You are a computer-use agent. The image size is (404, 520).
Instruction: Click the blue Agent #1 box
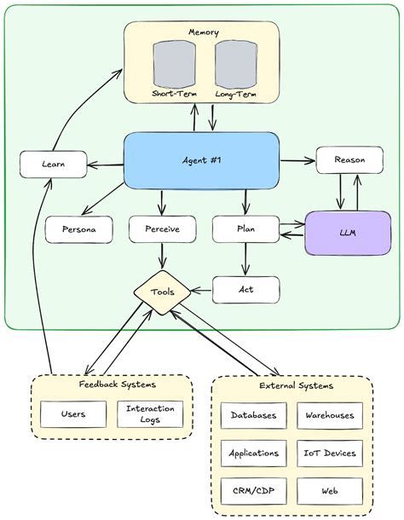[x=201, y=161]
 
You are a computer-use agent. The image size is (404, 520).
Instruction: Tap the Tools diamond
[x=162, y=292]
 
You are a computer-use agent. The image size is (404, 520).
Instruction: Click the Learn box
[x=53, y=164]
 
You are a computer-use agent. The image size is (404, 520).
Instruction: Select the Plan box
[x=245, y=229]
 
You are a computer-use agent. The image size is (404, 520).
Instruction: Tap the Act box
[x=245, y=290]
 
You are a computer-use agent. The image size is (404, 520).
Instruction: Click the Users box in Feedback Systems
[x=72, y=415]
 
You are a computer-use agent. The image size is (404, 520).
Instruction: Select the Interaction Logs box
[x=149, y=415]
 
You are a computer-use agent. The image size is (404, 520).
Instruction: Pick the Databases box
[x=253, y=415]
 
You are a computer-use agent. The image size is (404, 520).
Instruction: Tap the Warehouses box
[x=329, y=415]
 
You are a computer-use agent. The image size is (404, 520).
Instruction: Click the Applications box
[x=253, y=453]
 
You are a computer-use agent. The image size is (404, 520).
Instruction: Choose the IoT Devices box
[x=329, y=453]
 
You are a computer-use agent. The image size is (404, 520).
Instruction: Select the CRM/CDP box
[x=253, y=491]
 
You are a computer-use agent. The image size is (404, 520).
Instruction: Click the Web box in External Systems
[x=329, y=491]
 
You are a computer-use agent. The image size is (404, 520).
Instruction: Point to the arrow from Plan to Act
[x=245, y=259]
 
